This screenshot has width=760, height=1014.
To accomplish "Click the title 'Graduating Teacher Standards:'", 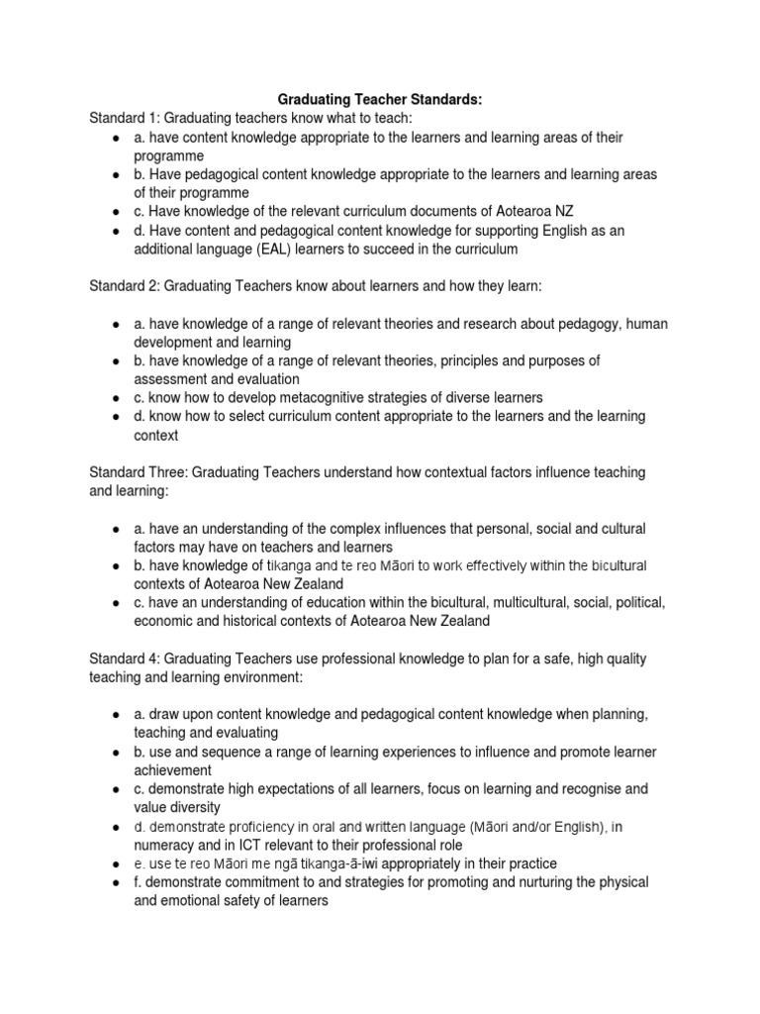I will click(381, 99).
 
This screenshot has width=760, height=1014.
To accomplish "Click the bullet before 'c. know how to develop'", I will click(117, 398).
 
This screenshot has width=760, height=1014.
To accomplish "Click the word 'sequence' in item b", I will click(235, 752).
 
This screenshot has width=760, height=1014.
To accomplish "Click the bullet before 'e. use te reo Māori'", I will click(117, 863).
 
